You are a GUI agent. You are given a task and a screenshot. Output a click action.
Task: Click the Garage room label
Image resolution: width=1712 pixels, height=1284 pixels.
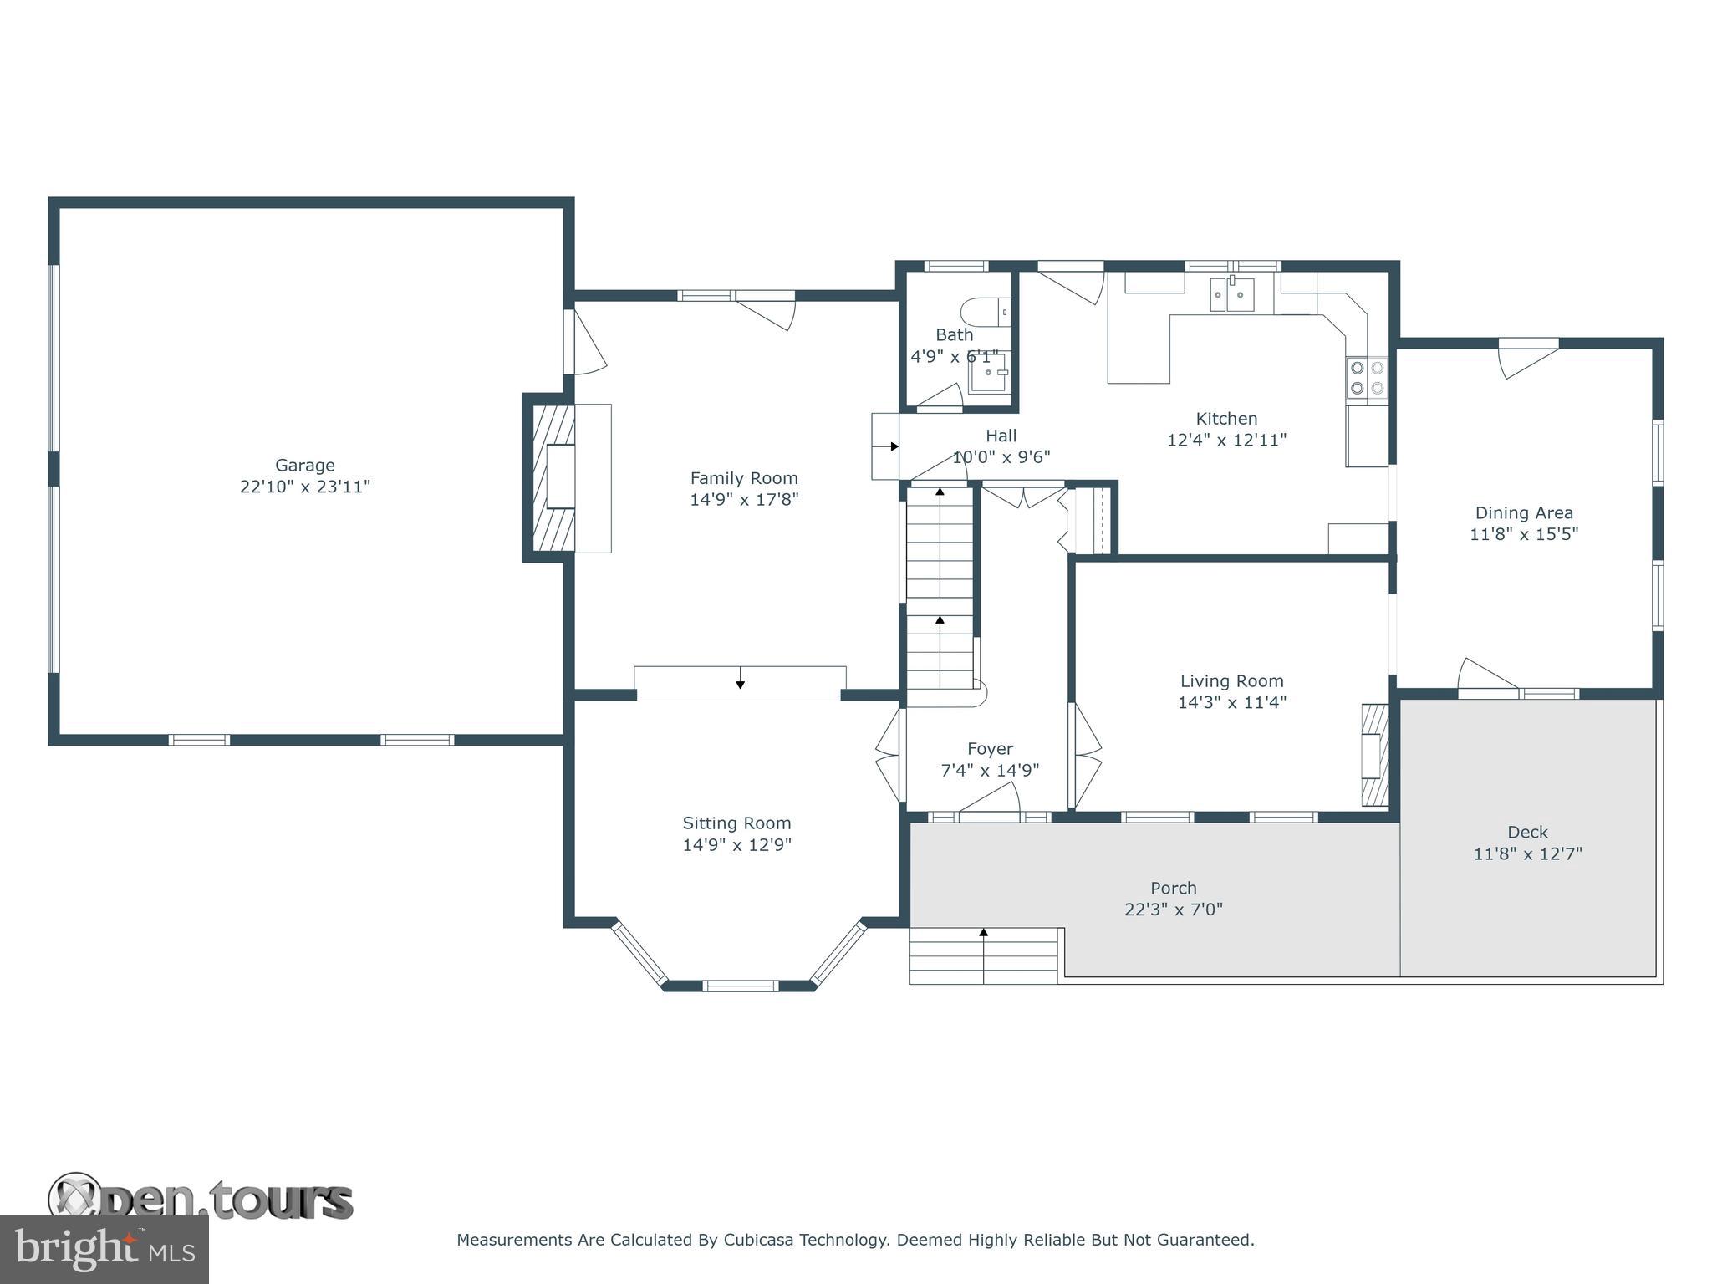(x=305, y=465)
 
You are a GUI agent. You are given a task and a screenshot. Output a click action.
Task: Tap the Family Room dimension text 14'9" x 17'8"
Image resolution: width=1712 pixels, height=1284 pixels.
(x=744, y=500)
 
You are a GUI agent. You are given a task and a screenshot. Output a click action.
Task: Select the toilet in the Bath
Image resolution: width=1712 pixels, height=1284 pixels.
(x=985, y=313)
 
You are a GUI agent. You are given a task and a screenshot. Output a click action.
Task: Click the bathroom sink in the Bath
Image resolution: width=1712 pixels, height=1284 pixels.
(x=989, y=374)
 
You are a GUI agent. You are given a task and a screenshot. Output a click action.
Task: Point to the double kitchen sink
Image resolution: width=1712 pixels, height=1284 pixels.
(x=1232, y=294)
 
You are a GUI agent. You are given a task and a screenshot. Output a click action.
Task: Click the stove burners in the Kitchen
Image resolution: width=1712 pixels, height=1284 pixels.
(x=1366, y=377)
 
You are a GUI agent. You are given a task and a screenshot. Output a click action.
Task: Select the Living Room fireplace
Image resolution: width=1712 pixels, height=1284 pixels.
(x=1374, y=755)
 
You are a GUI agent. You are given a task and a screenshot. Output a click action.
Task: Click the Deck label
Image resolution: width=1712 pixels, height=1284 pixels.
(x=1527, y=832)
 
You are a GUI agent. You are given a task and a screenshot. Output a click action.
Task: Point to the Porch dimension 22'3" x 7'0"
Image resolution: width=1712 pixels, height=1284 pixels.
(x=1173, y=909)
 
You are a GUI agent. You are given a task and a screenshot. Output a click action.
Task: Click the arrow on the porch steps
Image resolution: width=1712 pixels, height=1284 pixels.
(x=984, y=932)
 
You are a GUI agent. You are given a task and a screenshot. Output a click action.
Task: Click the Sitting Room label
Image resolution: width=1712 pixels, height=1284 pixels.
(x=736, y=823)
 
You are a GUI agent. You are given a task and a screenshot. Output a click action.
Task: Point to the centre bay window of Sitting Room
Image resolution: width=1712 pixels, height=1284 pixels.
(x=740, y=986)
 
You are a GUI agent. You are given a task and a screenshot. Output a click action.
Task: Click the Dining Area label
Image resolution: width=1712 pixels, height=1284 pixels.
(x=1523, y=512)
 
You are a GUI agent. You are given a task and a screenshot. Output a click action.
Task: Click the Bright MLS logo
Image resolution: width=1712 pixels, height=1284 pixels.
(x=104, y=1249)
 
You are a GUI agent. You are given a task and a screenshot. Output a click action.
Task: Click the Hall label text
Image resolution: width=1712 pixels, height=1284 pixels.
(x=1001, y=436)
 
